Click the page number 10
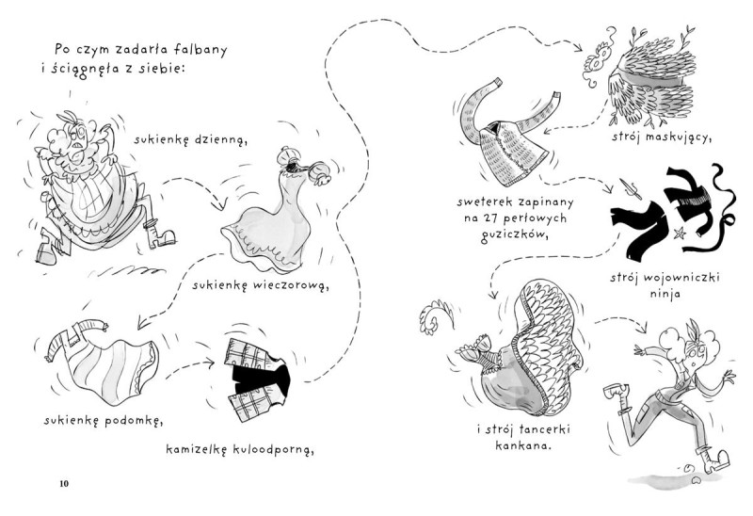click(64, 484)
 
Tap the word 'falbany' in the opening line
click(201, 48)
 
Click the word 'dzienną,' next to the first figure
click(220, 141)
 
